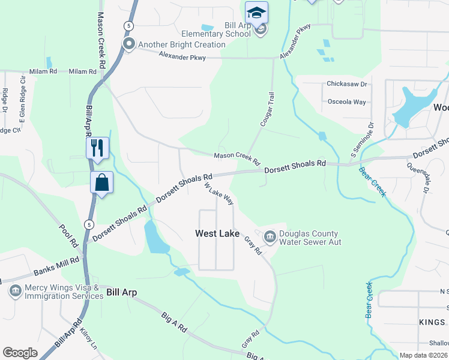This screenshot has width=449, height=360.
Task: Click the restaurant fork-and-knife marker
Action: point(97,146)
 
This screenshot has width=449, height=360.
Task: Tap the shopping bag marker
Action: point(101,182)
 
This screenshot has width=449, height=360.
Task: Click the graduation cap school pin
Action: point(256,13)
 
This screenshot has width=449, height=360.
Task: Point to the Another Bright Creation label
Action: point(182,44)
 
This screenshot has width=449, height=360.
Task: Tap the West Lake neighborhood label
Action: point(217,233)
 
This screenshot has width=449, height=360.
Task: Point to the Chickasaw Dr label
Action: point(346,85)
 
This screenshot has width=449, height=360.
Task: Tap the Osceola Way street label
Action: point(346,102)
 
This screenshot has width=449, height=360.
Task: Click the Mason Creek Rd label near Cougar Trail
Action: point(237,158)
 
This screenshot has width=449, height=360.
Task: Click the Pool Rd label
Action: point(69,236)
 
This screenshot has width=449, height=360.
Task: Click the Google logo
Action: point(20,353)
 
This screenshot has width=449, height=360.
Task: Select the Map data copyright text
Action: point(424,355)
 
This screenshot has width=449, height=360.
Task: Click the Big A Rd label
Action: point(174,322)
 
